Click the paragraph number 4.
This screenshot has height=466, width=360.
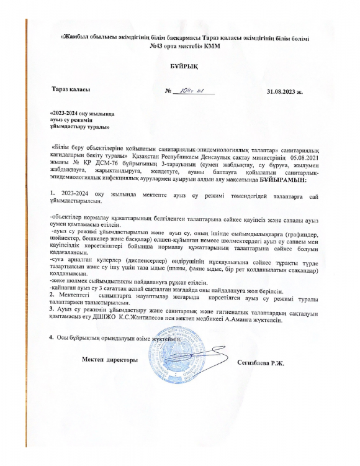tap(51, 337)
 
